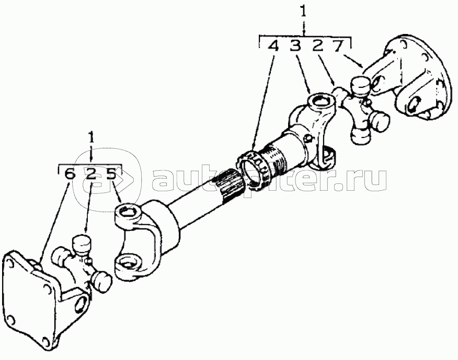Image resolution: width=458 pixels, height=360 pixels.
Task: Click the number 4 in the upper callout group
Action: pos(273,46)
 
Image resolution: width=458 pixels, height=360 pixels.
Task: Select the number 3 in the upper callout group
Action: pos(296,46)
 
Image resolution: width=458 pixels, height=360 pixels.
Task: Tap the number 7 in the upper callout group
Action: pos(339,46)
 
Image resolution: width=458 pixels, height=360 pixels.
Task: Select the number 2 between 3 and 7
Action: pos(317,46)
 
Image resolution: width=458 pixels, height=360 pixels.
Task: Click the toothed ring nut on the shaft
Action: pos(253,168)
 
